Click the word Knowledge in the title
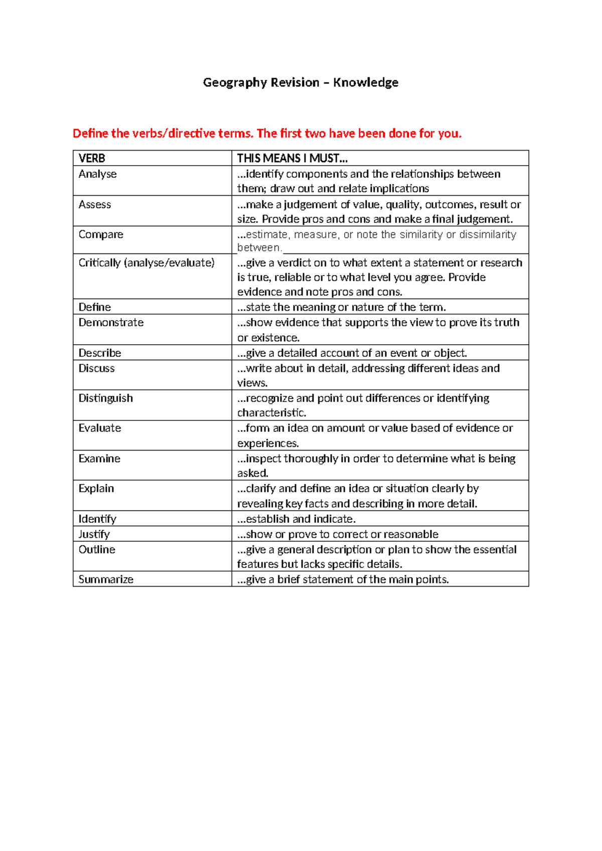pos(366,83)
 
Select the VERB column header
pos(92,159)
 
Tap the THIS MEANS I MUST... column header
pos(292,159)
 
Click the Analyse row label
pos(97,174)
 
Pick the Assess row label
pos(95,205)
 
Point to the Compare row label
pos(101,235)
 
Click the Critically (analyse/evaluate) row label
pos(146,263)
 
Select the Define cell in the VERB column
pos(95,307)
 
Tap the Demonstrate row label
pos(111,323)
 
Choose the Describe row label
pos(100,353)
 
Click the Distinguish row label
pos(106,398)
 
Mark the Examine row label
pos(99,459)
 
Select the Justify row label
pos(94,534)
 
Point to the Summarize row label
pos(106,580)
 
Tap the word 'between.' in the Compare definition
pos(259,248)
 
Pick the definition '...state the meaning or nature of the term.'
pos(342,307)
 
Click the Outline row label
pos(97,549)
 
